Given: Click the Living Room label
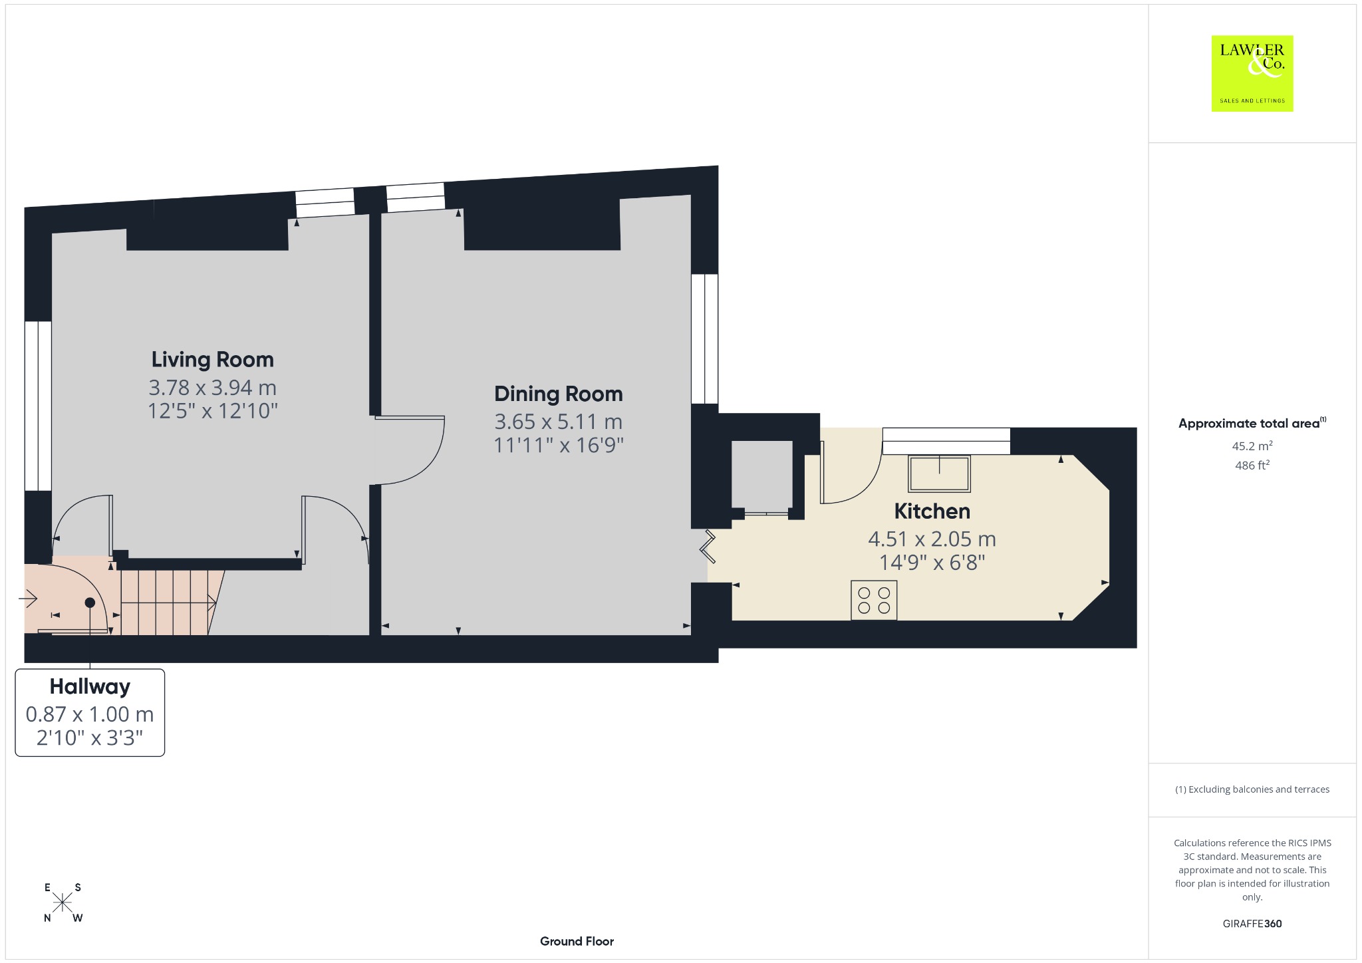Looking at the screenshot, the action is point(213,360).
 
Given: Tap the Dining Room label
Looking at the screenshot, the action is point(559,394).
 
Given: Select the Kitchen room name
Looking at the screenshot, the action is point(932,511).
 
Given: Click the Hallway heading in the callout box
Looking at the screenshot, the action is point(90,687).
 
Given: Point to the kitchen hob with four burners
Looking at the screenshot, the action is point(874,601).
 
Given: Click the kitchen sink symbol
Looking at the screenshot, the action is point(939,474).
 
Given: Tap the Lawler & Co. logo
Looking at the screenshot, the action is point(1252,73).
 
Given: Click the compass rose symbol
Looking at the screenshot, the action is point(63,902).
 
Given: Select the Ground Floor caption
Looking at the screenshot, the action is point(577,941).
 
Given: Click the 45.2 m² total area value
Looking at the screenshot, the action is point(1252,446).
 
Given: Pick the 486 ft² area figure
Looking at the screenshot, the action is point(1252,465).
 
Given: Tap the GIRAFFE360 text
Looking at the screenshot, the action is point(1252,924).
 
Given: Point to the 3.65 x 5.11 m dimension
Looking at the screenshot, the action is point(559,422).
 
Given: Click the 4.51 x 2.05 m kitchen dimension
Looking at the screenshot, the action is point(932,539).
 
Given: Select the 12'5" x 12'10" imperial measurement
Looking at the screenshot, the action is point(213,411).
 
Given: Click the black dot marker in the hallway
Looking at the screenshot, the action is point(90,603).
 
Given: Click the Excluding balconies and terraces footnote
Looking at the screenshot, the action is point(1252,789).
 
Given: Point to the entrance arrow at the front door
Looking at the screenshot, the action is point(28,600).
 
